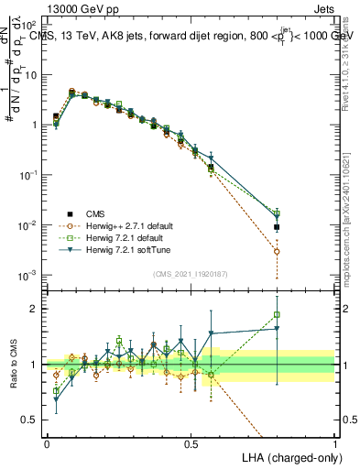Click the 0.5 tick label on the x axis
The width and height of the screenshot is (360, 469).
click(x=191, y=442)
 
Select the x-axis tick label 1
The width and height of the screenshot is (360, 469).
click(x=335, y=442)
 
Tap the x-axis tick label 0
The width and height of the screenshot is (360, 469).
click(x=47, y=442)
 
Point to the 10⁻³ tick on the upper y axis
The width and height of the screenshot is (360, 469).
click(x=31, y=275)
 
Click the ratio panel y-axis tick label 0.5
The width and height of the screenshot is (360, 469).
click(x=31, y=420)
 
